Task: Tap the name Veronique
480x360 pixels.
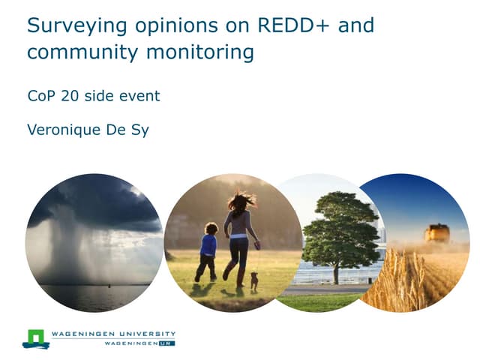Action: [x=64, y=129]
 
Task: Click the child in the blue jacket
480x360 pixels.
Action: [x=207, y=251]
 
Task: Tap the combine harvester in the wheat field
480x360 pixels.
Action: [x=436, y=233]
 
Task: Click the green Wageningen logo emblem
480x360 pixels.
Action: [x=35, y=338]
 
